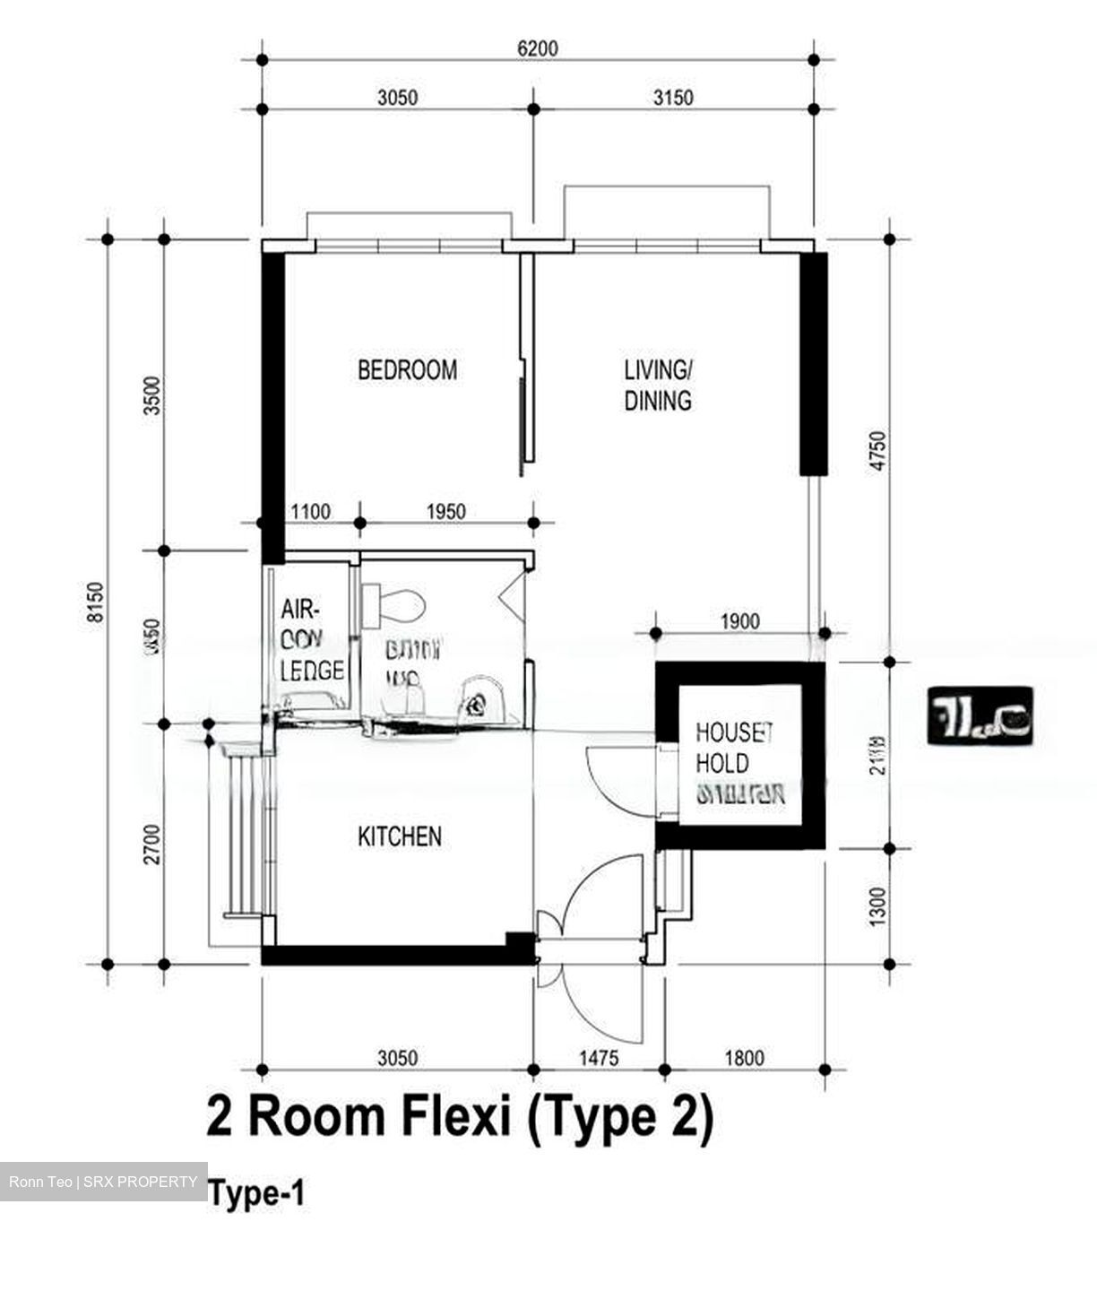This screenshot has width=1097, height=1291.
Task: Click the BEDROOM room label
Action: click(407, 370)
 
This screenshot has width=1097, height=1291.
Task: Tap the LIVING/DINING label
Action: click(658, 385)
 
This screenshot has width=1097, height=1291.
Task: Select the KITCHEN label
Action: click(400, 836)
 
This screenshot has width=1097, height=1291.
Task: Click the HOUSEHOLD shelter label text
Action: click(733, 763)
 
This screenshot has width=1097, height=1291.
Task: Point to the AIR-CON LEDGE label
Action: click(311, 640)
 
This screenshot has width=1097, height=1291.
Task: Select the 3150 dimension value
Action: click(672, 97)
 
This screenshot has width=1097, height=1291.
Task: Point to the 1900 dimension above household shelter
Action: click(739, 621)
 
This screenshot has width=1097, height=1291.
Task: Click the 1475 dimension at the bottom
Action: click(598, 1058)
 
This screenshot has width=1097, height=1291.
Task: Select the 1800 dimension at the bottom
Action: click(744, 1058)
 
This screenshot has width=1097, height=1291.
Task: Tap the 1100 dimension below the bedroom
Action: click(312, 512)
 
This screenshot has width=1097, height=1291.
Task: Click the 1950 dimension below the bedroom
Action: click(445, 512)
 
